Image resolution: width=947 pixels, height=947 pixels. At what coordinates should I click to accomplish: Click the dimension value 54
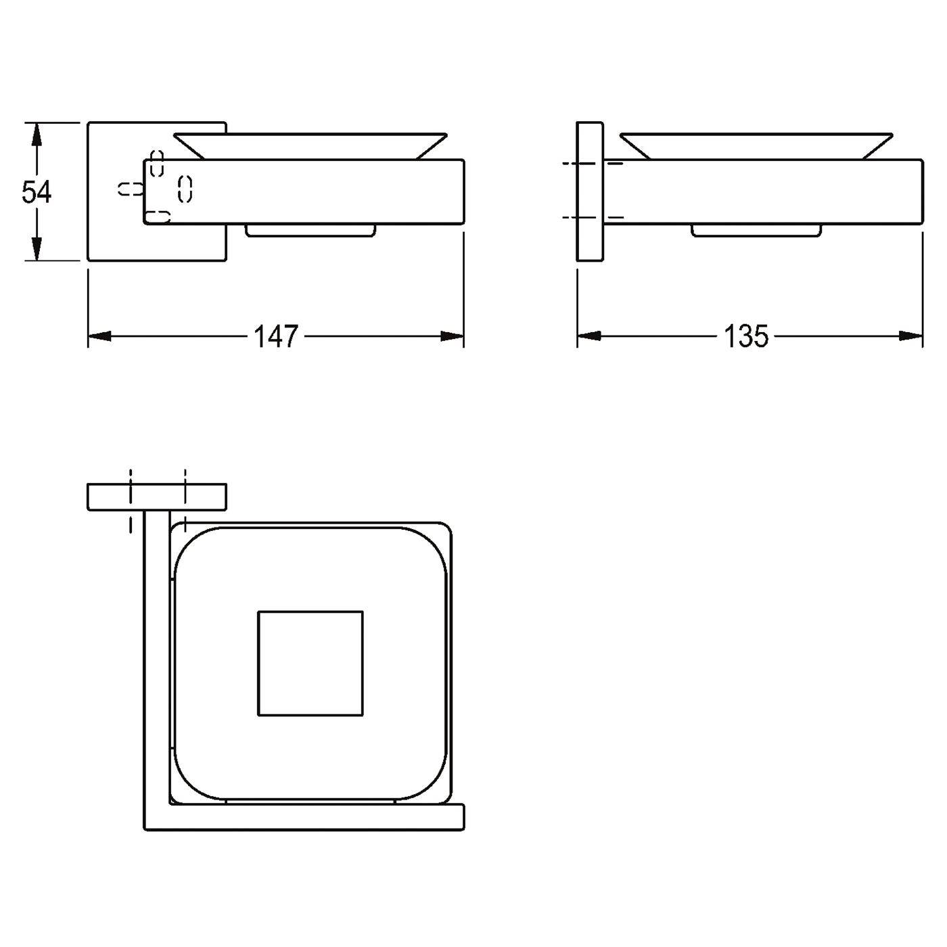[x=37, y=191]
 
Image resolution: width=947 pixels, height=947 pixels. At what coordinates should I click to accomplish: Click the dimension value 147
[x=276, y=336]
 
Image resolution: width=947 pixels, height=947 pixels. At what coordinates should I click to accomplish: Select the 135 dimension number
[x=745, y=336]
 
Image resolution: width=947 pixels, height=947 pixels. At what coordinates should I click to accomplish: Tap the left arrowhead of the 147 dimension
[x=99, y=336]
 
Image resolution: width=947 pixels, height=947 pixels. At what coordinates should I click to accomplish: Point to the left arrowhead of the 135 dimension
[x=588, y=336]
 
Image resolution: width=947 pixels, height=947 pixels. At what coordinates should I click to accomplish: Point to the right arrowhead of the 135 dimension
[x=911, y=336]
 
